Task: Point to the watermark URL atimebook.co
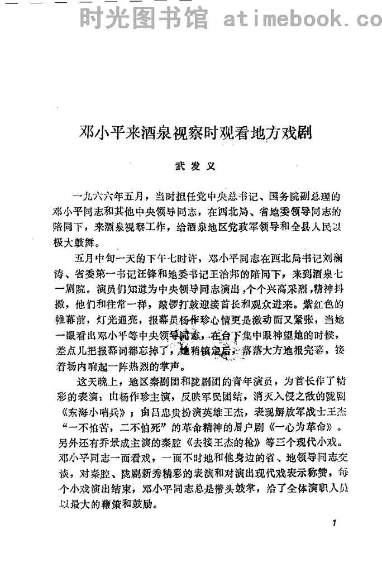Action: [x=301, y=20]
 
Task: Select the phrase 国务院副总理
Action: [x=311, y=197]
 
